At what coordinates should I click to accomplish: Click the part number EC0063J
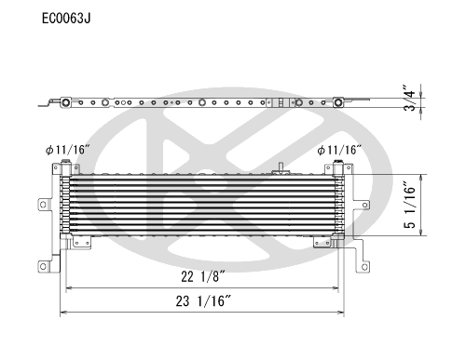(66, 19)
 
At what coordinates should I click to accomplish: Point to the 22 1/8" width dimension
(203, 276)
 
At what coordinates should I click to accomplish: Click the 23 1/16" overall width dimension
(203, 300)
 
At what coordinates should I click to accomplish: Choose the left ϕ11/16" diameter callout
(67, 150)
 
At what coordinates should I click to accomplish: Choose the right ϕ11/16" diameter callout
(339, 151)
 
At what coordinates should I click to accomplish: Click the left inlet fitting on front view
(66, 167)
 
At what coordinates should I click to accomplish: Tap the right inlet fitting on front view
(338, 167)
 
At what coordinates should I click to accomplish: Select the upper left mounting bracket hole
(43, 205)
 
